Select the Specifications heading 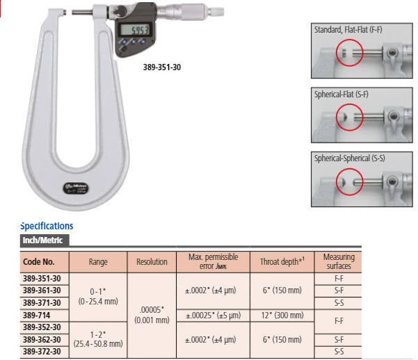pyautogui.click(x=47, y=226)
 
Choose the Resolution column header pyautogui.click(x=152, y=262)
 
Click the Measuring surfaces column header pyautogui.click(x=339, y=262)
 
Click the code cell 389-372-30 pyautogui.click(x=42, y=351)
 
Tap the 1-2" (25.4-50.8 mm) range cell pyautogui.click(x=98, y=338)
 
